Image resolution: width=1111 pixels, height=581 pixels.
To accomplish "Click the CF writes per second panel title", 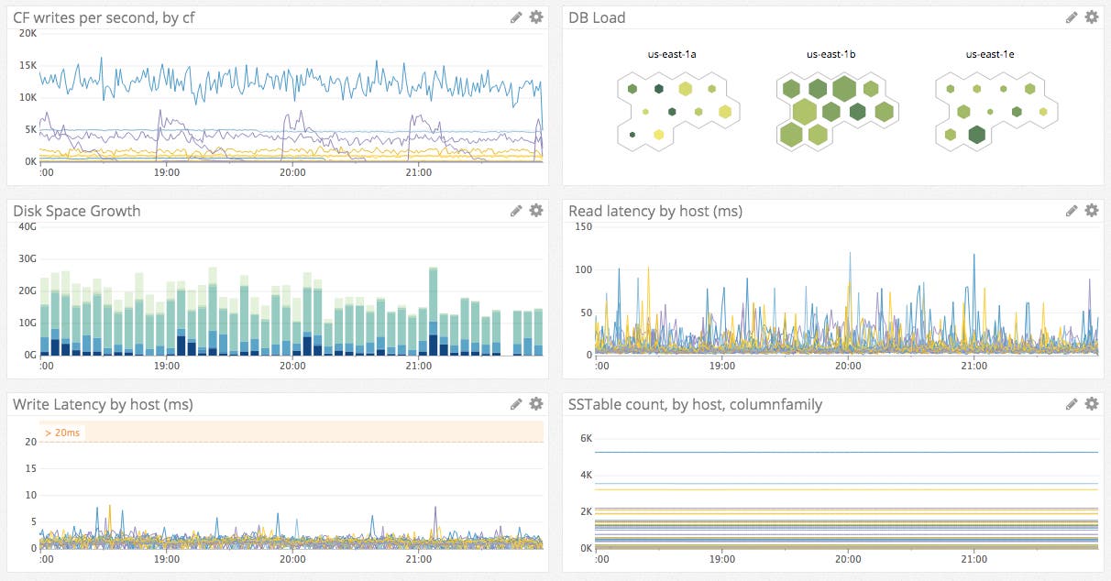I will click(x=104, y=17).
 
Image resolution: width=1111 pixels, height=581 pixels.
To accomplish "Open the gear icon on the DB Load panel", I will click(x=1091, y=17).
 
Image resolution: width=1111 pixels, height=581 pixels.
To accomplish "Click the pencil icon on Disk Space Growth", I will click(x=517, y=211).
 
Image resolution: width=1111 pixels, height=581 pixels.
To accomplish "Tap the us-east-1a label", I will click(x=672, y=55).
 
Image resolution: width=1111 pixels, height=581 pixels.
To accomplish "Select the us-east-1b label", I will click(x=830, y=55).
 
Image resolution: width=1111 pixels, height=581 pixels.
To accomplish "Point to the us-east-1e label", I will click(x=990, y=55).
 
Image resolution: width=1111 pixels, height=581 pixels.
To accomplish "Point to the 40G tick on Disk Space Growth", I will click(x=27, y=226).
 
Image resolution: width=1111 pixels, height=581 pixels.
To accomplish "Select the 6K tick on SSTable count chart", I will click(x=586, y=439).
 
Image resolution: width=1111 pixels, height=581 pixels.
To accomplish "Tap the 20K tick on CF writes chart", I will click(x=27, y=33).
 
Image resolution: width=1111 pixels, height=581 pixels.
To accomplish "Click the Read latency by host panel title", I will click(x=654, y=211).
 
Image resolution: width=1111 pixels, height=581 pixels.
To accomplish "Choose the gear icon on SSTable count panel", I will click(x=1091, y=404).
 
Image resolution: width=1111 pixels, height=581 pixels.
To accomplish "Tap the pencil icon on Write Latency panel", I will click(x=517, y=404).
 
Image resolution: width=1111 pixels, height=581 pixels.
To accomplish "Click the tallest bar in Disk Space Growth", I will click(x=433, y=312).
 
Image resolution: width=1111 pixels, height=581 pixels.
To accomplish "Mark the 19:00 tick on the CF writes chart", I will click(x=167, y=171).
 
